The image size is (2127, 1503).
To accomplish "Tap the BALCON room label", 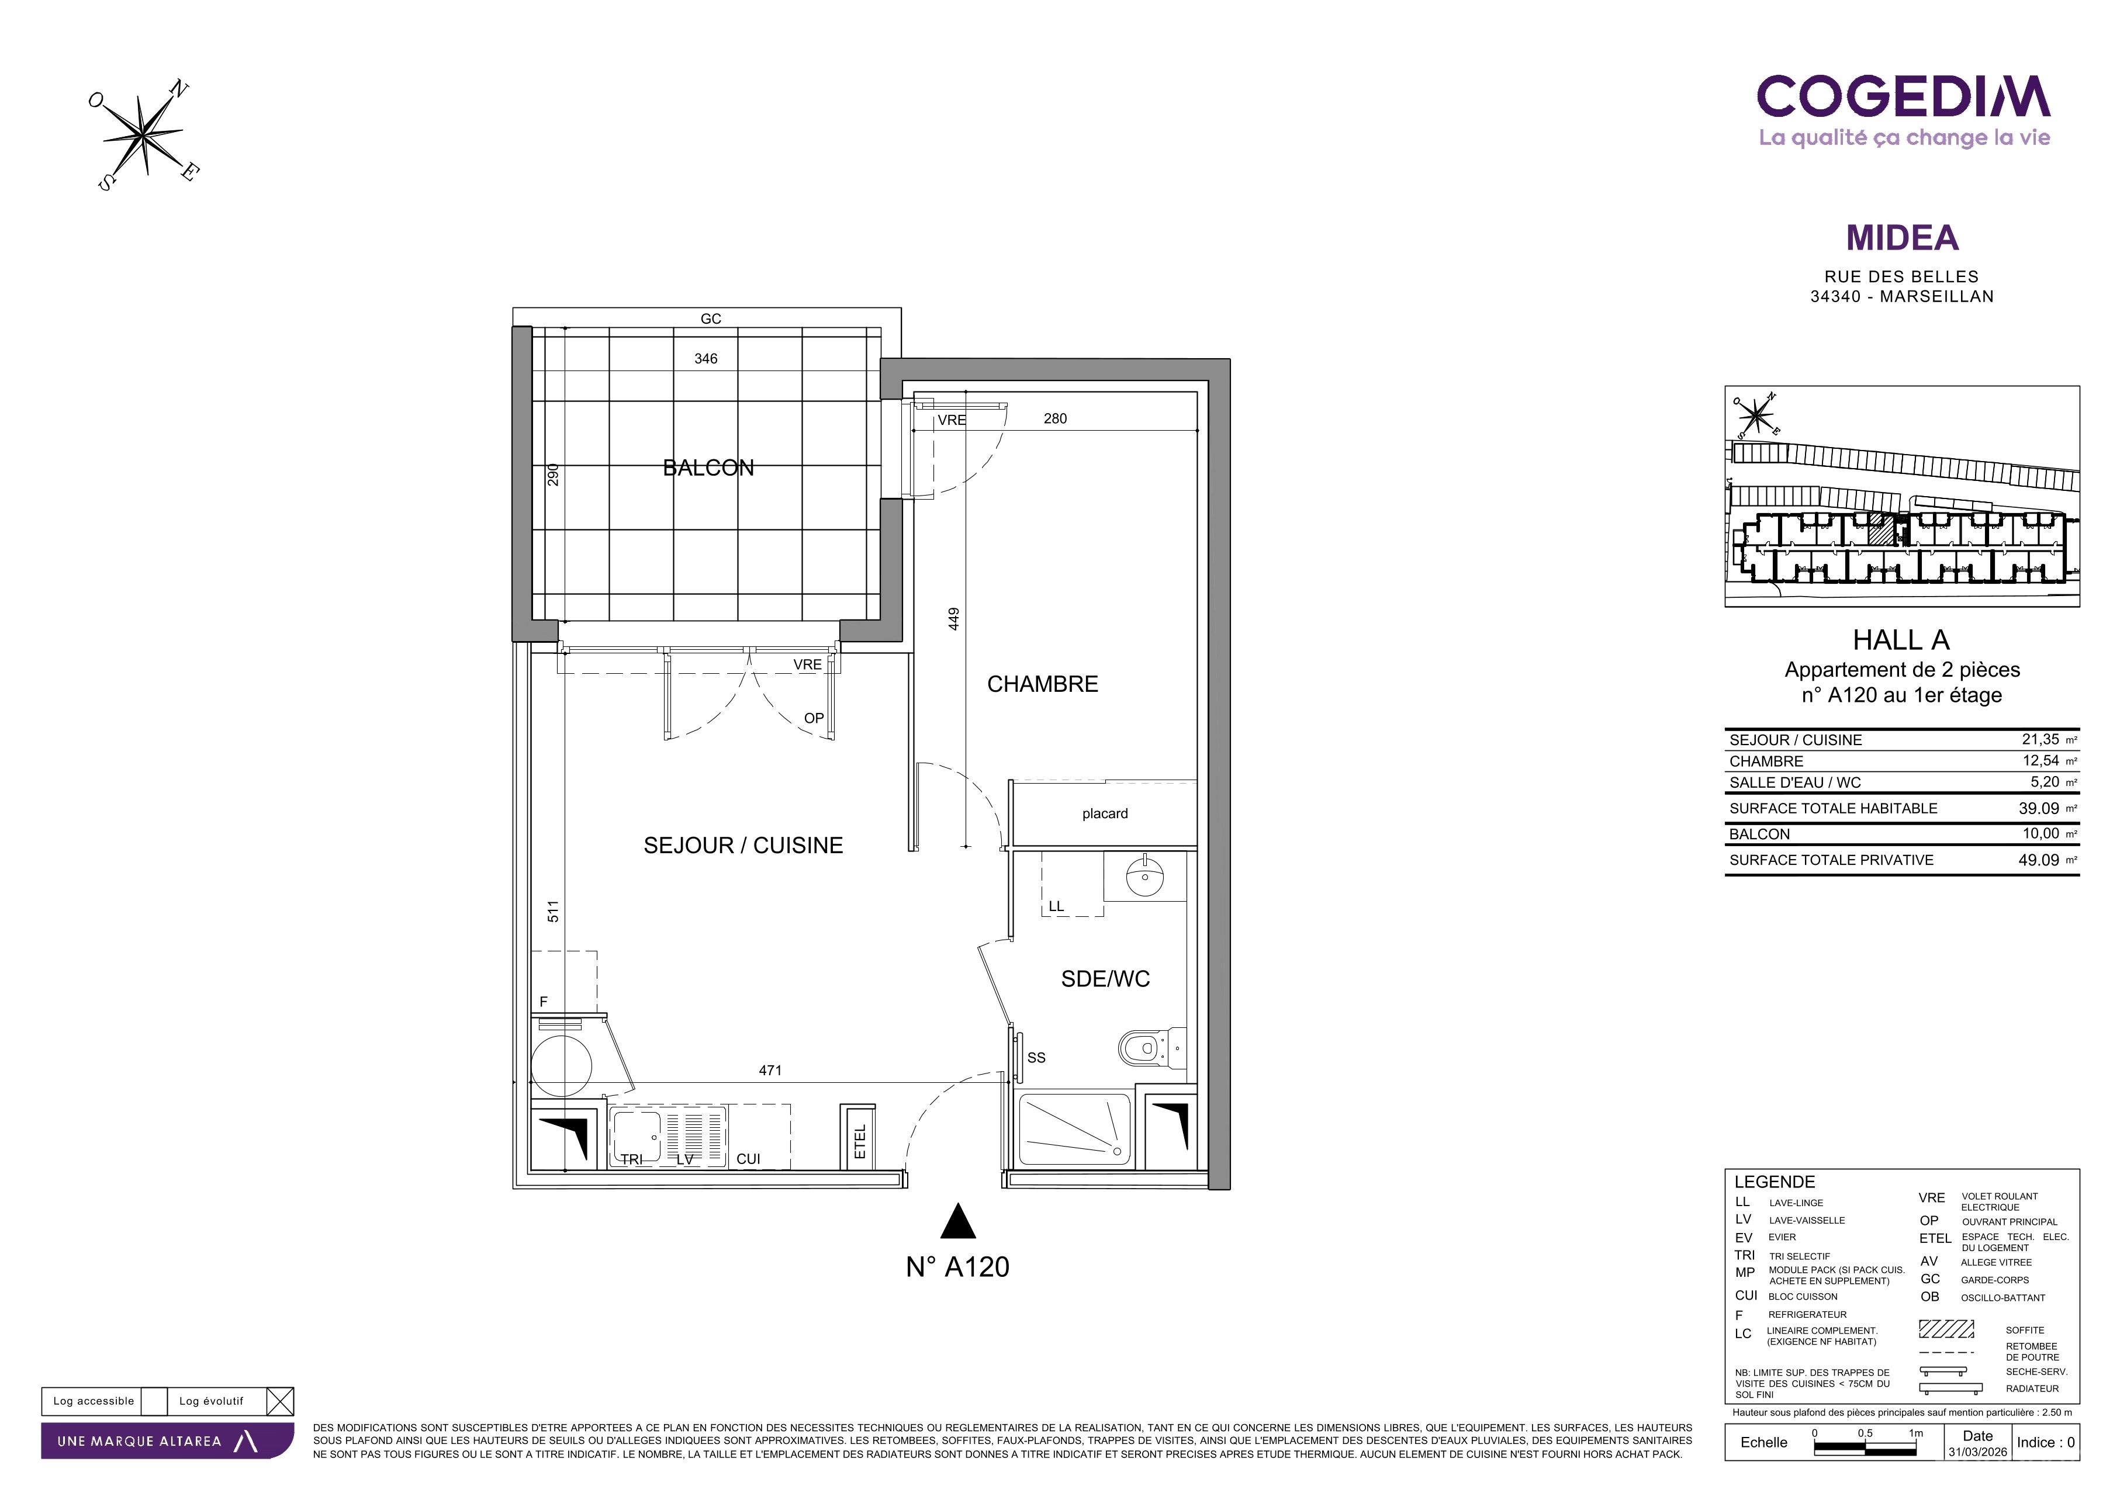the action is pyautogui.click(x=708, y=467).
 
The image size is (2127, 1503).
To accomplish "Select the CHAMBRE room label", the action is pyautogui.click(x=1042, y=684).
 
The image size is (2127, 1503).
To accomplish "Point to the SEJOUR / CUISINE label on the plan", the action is pyautogui.click(x=743, y=846).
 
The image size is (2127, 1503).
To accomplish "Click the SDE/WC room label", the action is pyautogui.click(x=1105, y=979).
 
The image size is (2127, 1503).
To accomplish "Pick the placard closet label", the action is pyautogui.click(x=1105, y=814).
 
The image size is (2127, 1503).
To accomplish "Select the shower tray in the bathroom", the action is pyautogui.click(x=1075, y=1130).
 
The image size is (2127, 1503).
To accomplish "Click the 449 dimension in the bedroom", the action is pyautogui.click(x=954, y=619).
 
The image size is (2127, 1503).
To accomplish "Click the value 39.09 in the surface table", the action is pyautogui.click(x=2039, y=808).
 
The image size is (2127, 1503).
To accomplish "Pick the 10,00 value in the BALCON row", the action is pyautogui.click(x=2041, y=833).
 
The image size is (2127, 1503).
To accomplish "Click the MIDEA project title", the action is pyautogui.click(x=1902, y=238).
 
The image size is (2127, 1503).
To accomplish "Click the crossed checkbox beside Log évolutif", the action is pyautogui.click(x=280, y=1401).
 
